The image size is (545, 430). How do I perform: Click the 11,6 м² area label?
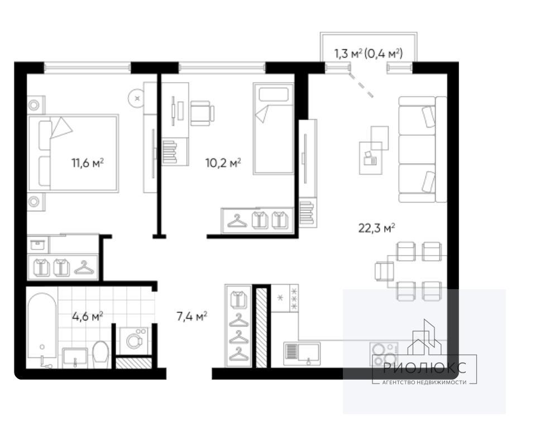(x=88, y=163)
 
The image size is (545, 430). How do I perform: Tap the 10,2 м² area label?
(x=223, y=163)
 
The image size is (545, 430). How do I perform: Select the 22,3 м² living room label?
(x=376, y=228)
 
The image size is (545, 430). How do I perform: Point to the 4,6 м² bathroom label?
(x=88, y=316)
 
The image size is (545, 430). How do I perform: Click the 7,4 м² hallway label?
(x=192, y=316)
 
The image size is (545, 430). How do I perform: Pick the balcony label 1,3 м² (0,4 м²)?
(x=369, y=54)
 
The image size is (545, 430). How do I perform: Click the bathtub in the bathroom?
(x=42, y=325)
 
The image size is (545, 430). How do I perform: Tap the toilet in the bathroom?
(x=101, y=354)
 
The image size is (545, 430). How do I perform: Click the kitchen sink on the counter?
(x=302, y=353)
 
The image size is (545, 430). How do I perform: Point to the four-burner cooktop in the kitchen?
(x=384, y=353)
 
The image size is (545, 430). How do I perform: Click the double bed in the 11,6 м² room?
(x=73, y=153)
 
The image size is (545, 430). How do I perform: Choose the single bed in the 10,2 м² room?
(x=274, y=129)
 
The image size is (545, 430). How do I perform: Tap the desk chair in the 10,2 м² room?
(x=202, y=113)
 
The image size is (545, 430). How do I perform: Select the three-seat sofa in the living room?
(x=422, y=149)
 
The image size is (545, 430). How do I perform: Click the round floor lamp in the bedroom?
(x=137, y=98)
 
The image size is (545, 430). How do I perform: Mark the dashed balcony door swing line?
(x=361, y=86)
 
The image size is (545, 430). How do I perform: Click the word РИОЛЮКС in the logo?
(x=424, y=368)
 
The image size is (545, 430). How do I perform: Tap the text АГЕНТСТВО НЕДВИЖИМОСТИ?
(x=424, y=382)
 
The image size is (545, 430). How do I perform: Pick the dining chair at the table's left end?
(x=384, y=271)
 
